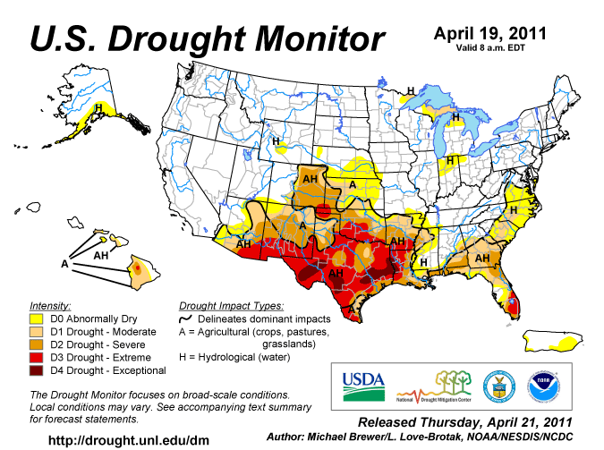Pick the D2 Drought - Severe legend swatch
point(38,343)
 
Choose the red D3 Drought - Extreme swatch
point(38,356)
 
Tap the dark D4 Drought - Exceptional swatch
point(38,369)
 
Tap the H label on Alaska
point(98,106)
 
